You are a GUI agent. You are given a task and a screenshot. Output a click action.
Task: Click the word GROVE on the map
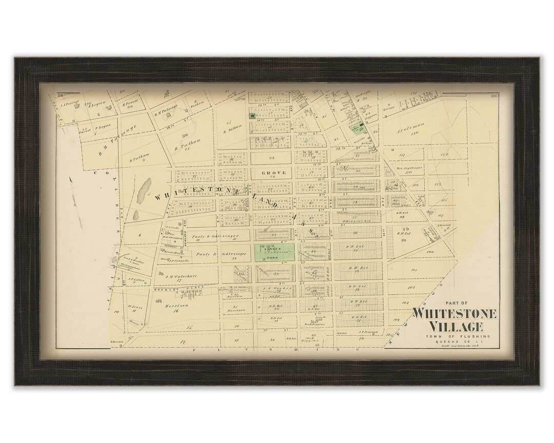pyautogui.click(x=272, y=173)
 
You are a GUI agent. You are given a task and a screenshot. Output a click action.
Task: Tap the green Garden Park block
pyautogui.click(x=274, y=253)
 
